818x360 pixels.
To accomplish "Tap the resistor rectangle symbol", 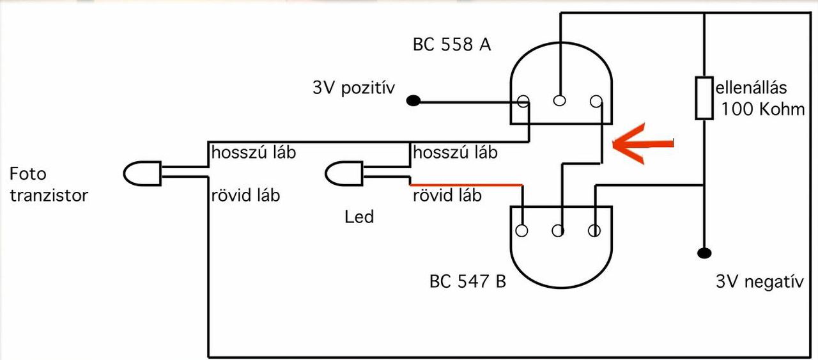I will pos(704,98).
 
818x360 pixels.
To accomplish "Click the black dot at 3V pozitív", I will pos(414,100).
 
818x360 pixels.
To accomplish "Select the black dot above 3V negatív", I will pos(704,253).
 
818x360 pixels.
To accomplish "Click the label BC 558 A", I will pos(452,45).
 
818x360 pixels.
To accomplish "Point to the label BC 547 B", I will pos(468,281).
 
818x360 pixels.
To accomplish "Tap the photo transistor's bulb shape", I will pos(142,172).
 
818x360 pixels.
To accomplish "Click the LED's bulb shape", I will pos(344,173).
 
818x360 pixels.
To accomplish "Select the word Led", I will pos(359,217).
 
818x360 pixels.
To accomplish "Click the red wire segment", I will pos(467,185).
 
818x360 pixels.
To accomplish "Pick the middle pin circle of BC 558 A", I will pos(560,100).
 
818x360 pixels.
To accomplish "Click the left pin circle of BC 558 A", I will pos(523,101).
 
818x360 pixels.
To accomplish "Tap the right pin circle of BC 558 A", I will pos(596,101).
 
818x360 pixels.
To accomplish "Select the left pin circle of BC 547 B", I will pos(523,230).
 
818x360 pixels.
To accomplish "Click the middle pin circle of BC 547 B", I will pos(559,230).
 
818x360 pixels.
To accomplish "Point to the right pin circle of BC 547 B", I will pos(594,230).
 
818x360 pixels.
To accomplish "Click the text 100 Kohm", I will pos(763,109).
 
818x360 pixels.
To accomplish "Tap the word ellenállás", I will pos(752,87).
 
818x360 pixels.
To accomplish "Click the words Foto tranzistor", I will pos(49,184).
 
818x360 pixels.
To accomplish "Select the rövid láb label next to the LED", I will pos(447,195).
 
